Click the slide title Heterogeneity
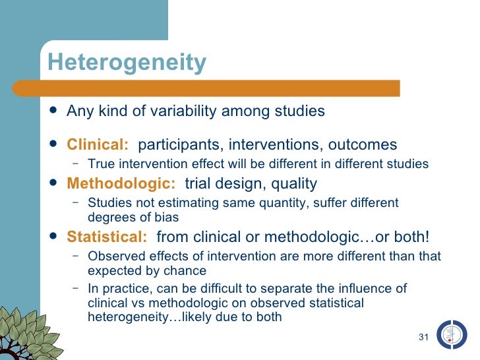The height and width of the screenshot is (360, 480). coord(127,63)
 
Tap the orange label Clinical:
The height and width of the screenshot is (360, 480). coord(98,144)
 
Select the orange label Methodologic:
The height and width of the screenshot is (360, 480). coord(121,183)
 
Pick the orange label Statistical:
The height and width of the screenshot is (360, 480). coord(107,237)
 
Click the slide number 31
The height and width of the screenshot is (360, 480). coord(424,338)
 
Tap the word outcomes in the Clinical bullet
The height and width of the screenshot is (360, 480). coord(362,144)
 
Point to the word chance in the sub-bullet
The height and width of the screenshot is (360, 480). coord(189,270)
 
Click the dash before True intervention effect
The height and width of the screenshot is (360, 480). coord(76,164)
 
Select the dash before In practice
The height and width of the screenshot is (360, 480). coord(76,289)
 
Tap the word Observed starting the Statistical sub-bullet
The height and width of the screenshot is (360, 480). coord(113,256)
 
